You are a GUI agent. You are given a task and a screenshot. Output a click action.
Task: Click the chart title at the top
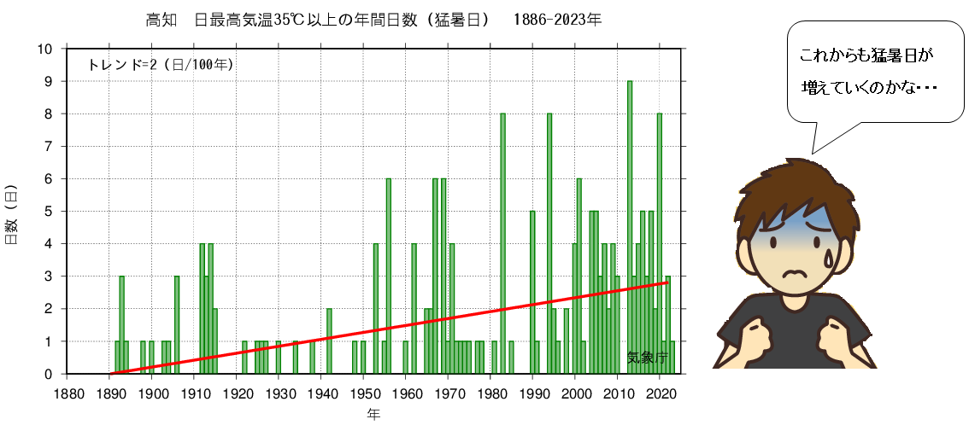tap(374, 19)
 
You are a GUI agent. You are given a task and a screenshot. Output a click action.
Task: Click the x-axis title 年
tap(374, 415)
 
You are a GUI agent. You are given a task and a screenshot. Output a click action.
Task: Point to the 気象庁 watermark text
tap(646, 358)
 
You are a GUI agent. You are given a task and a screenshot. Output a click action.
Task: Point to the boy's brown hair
tap(786, 183)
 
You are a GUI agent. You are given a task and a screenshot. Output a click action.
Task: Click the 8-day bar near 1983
tap(502, 243)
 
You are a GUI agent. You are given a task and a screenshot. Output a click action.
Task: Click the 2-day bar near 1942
tap(329, 340)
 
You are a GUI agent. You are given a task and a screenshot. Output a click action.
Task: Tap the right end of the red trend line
tap(667, 282)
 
